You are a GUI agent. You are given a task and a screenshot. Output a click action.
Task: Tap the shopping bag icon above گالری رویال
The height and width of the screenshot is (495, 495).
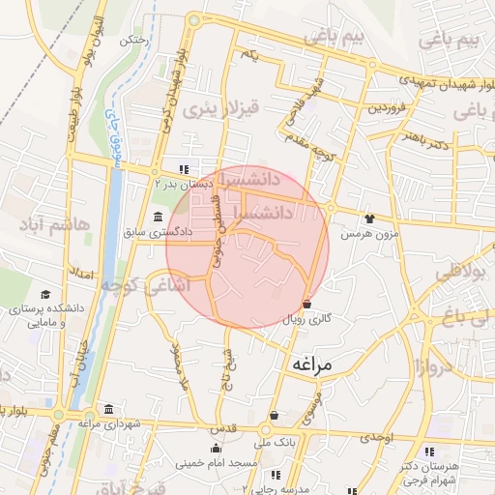coord(306,304)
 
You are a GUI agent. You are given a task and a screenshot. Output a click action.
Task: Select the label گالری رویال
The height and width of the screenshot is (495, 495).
coord(306,318)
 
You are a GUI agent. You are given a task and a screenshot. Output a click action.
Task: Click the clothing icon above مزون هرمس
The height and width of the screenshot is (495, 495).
coord(368,218)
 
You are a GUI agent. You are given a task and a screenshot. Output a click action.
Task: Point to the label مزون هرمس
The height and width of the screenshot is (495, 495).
coord(367,234)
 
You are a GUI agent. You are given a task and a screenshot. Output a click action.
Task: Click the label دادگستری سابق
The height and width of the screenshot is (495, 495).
coord(158,233)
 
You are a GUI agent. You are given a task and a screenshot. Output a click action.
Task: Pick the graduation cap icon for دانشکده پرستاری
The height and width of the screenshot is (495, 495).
coord(45,294)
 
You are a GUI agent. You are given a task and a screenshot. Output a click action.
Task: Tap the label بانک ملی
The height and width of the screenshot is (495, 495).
coord(272,442)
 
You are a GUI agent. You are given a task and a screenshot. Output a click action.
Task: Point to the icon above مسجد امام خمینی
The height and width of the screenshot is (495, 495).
coord(217,448)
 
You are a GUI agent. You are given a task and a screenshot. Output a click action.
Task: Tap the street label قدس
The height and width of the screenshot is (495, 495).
coord(222,427)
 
